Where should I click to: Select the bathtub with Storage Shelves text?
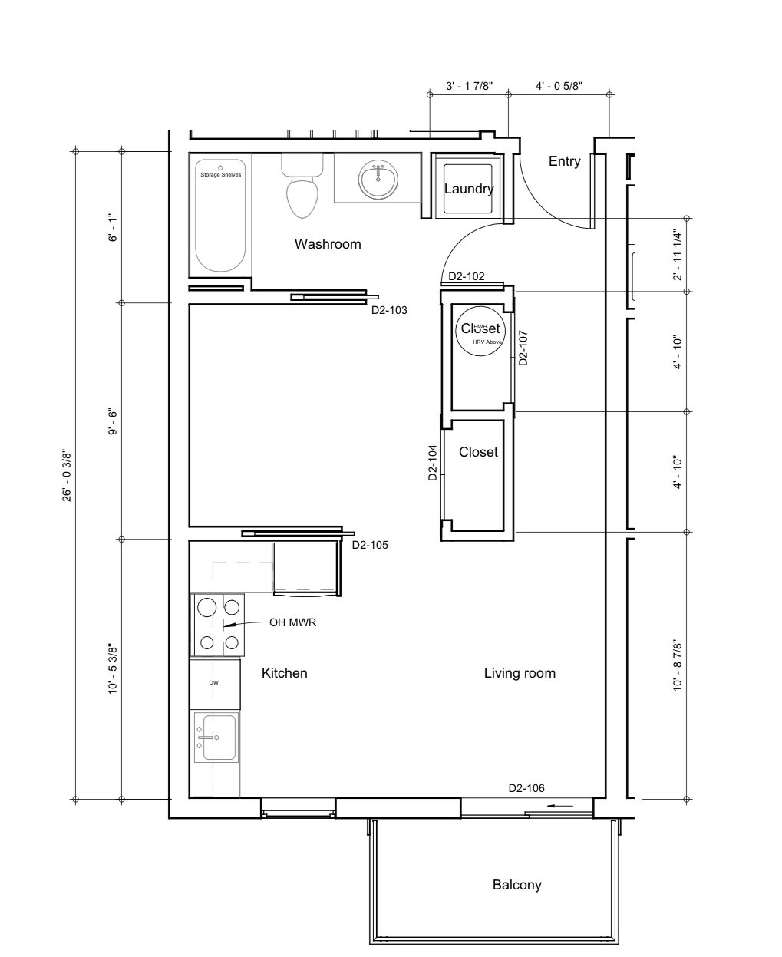coord(220,216)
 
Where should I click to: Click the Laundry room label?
coord(468,189)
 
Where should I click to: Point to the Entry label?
coord(564,161)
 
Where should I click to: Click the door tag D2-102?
coord(466,276)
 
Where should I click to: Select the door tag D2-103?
coord(389,311)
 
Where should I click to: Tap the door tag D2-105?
coord(369,546)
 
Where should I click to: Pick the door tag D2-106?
coord(526,788)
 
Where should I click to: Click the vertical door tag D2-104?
coord(432,462)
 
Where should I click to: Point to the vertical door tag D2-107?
coord(523,347)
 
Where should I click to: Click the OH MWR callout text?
coord(292,623)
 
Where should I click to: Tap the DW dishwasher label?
coord(213,682)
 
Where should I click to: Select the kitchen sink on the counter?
coord(216,737)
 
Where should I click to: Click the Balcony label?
coord(516,885)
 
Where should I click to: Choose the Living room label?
coord(520,673)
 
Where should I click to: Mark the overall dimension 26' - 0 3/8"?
coord(67,475)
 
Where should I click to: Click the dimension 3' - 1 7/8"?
coord(468,87)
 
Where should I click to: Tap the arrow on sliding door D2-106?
coord(562,807)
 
